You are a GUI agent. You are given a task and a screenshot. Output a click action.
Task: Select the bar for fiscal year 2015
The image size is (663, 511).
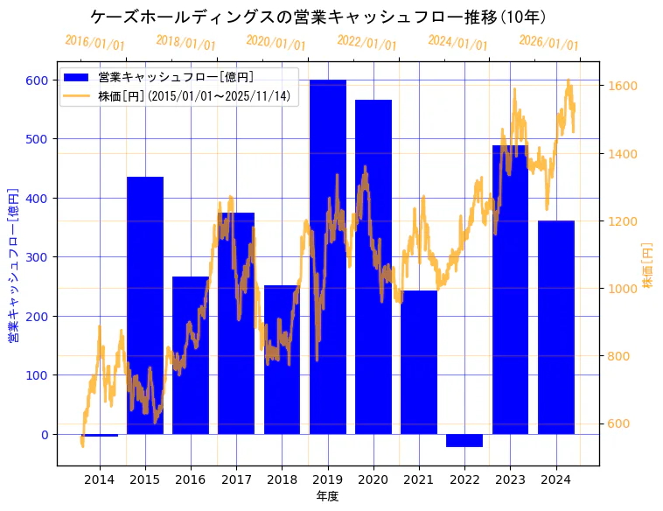pos(145,305)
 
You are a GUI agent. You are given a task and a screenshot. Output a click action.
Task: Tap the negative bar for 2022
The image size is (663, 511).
pos(464,440)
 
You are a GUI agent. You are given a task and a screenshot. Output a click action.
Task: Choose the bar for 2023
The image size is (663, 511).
pos(510,290)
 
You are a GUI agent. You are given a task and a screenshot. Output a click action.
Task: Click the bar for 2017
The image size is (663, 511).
pos(236,323)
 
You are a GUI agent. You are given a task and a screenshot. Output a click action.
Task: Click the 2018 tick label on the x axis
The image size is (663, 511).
pos(282,479)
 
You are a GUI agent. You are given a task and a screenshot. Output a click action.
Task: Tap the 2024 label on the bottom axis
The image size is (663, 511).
pos(555,479)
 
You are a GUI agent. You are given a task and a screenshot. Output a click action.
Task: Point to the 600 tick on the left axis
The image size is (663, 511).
pos(38,80)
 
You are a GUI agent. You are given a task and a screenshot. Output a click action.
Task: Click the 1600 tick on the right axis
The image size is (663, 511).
pos(623,86)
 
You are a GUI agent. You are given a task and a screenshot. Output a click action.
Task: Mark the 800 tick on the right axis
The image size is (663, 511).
pos(619,356)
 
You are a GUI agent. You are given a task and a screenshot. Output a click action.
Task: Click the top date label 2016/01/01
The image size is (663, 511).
pos(94,42)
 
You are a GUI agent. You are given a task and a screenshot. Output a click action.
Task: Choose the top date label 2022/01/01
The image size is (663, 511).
pos(366,43)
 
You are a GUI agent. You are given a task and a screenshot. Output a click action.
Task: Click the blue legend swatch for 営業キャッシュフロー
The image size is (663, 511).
pos(76,77)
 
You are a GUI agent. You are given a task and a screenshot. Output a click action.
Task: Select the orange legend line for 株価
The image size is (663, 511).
pos(76,96)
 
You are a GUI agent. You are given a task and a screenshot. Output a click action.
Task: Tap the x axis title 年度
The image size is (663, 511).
pos(327,496)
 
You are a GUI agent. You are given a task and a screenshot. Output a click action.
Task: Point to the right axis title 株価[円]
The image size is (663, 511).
pos(648,267)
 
